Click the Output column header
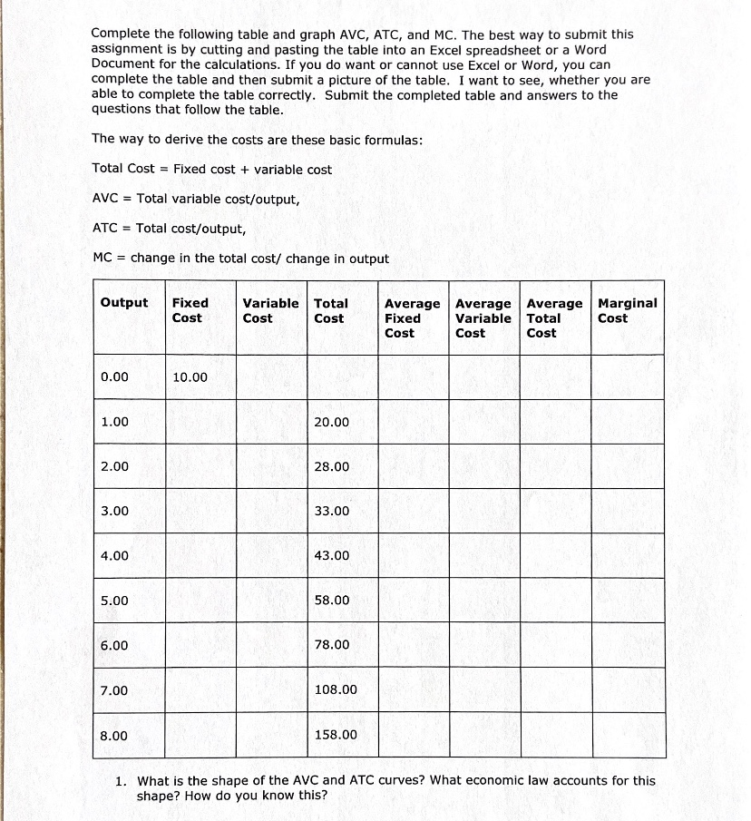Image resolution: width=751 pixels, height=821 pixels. (x=124, y=303)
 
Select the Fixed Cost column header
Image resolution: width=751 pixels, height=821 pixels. (x=190, y=310)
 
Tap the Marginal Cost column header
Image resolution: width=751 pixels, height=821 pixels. (x=627, y=310)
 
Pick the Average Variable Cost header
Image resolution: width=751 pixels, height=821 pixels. (x=483, y=318)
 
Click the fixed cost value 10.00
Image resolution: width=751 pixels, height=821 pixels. (x=190, y=377)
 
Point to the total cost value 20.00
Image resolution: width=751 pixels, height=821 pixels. (x=331, y=422)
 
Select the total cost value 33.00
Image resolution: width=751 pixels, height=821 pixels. (x=331, y=511)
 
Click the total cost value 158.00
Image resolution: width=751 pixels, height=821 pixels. (x=336, y=735)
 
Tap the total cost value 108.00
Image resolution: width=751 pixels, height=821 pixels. (x=336, y=690)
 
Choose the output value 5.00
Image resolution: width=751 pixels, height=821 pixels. (x=115, y=601)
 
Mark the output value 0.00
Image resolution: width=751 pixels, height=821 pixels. (x=115, y=377)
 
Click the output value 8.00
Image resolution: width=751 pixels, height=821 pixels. (x=115, y=735)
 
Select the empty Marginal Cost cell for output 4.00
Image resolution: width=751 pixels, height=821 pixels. (x=629, y=555)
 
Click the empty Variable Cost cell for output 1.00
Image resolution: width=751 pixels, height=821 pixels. (x=270, y=422)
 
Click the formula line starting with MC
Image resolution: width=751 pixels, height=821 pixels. (x=240, y=259)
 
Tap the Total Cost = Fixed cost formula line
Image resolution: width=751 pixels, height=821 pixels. (x=212, y=170)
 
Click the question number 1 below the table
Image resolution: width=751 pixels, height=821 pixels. (x=121, y=781)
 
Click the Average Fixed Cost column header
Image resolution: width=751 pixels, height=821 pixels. (x=412, y=318)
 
